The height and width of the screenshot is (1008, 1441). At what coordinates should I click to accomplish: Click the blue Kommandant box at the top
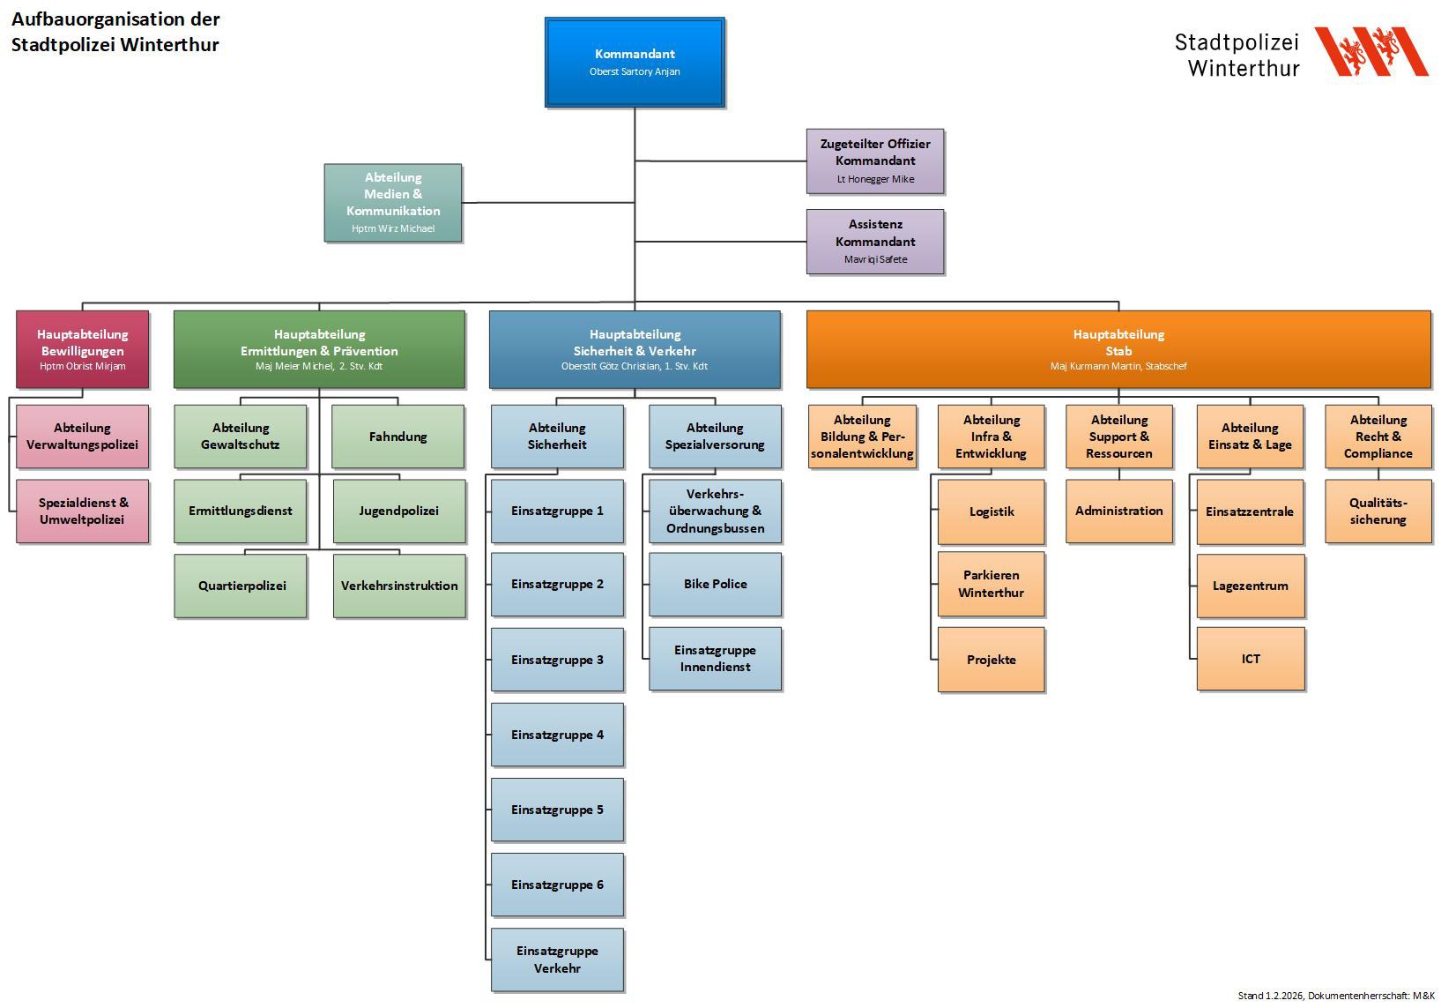[x=635, y=62]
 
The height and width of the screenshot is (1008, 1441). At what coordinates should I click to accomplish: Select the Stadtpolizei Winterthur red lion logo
[x=1370, y=51]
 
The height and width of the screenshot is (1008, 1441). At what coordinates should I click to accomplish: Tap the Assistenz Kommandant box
[x=875, y=241]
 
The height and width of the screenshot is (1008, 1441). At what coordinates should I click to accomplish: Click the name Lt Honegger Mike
[x=875, y=179]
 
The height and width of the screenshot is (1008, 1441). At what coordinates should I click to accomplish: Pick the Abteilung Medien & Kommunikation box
[x=393, y=202]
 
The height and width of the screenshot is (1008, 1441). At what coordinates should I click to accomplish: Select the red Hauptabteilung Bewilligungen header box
[x=83, y=348]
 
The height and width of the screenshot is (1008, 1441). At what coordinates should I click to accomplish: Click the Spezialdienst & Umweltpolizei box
[x=83, y=511]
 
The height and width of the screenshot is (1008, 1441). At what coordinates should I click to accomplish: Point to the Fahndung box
[x=397, y=437]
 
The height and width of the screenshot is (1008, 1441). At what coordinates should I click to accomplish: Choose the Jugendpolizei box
[x=398, y=511]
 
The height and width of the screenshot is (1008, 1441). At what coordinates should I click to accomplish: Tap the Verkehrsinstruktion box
[x=399, y=586]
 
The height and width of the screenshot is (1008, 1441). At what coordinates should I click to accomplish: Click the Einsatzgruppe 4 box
[x=557, y=735]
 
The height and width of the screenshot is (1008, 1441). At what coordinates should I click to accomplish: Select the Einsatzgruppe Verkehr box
[x=557, y=959]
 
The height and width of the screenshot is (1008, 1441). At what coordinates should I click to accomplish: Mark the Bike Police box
[x=715, y=584]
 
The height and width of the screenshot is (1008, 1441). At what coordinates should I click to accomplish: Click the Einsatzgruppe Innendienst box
[x=715, y=658]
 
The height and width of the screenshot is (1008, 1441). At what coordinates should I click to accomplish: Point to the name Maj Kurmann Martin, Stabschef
[x=1118, y=366]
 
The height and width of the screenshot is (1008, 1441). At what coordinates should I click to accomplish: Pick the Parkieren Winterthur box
[x=992, y=584]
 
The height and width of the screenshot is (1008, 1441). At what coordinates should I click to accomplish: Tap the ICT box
[x=1251, y=659]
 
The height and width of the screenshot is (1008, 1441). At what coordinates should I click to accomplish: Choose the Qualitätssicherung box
[x=1378, y=511]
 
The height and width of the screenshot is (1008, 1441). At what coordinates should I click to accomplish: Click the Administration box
[x=1118, y=511]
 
